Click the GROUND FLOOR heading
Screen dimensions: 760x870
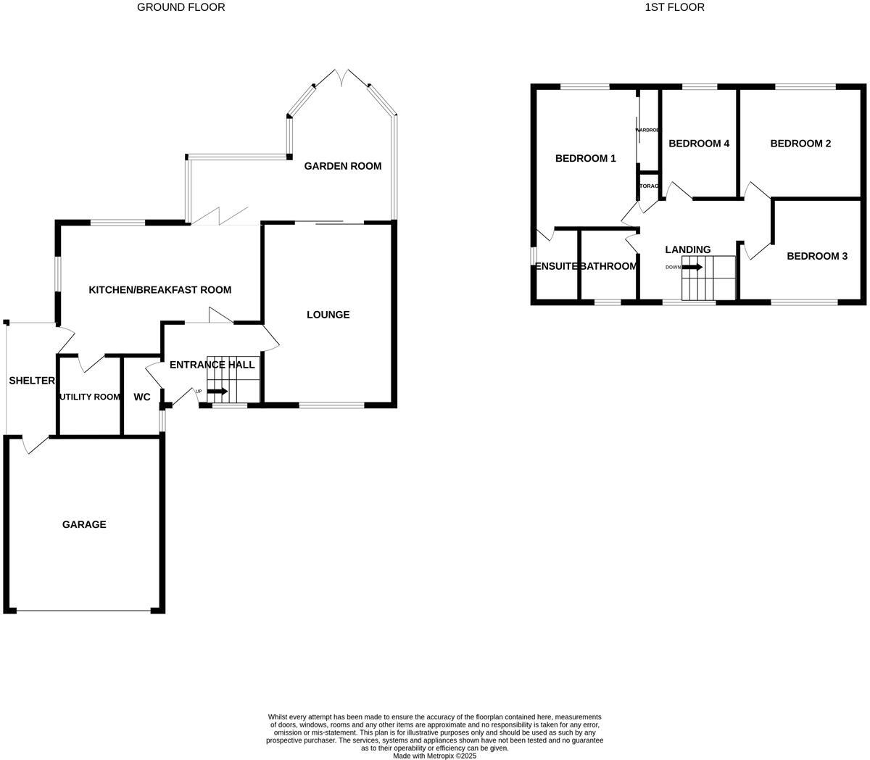click(x=181, y=7)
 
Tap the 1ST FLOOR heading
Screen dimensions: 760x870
click(x=674, y=7)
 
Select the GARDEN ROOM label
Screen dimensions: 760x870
click(x=342, y=166)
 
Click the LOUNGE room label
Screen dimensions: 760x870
click(x=328, y=315)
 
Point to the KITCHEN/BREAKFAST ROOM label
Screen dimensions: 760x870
click(x=159, y=290)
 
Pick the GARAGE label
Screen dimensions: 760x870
click(x=84, y=524)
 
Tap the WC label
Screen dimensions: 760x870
click(x=142, y=397)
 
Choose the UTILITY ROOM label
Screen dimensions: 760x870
click(x=90, y=397)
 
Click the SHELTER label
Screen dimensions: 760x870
click(x=32, y=381)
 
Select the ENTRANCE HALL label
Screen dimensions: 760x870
click(x=212, y=365)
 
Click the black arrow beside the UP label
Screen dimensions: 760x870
click(x=217, y=392)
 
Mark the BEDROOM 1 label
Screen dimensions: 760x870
click(x=585, y=158)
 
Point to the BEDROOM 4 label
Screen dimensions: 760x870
click(x=699, y=144)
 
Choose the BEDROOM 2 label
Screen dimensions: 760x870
click(x=800, y=144)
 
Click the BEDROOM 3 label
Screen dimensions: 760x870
click(x=817, y=256)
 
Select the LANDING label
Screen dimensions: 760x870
click(x=687, y=249)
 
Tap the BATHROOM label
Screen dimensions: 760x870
click(x=609, y=266)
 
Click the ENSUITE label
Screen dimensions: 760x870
click(x=556, y=266)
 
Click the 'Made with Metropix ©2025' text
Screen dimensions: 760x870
click(x=434, y=755)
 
